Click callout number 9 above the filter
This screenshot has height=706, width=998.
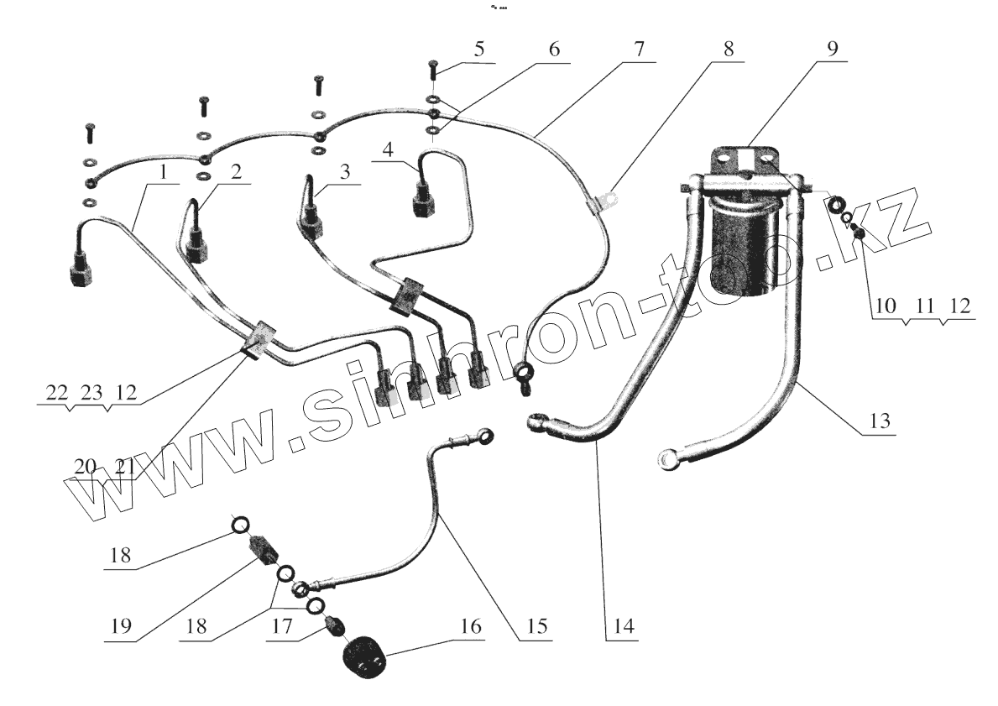point(830,48)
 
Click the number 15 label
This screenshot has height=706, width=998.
point(536,627)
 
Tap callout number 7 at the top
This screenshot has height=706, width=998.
point(639,49)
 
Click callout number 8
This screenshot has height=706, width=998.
point(728,49)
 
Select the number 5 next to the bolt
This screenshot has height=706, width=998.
point(478,49)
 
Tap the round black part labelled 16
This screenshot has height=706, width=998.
point(366,659)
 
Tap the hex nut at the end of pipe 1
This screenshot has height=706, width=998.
point(77,276)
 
